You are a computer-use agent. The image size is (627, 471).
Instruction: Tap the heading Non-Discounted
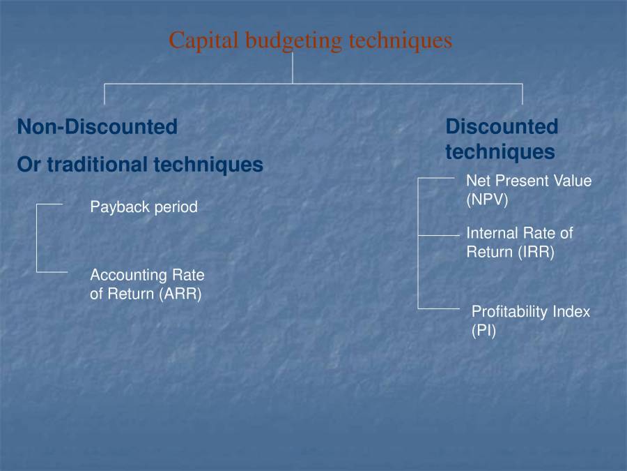98,127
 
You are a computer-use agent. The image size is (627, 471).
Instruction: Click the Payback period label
144,207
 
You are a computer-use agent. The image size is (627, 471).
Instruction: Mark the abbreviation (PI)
483,331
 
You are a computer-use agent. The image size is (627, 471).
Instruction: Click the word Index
571,312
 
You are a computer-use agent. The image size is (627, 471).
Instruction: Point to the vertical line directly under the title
293,68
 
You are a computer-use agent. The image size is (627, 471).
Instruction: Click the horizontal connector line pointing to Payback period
49,204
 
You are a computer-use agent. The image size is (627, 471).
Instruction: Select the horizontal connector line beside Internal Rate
439,236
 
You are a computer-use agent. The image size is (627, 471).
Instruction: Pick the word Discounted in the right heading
502,127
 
